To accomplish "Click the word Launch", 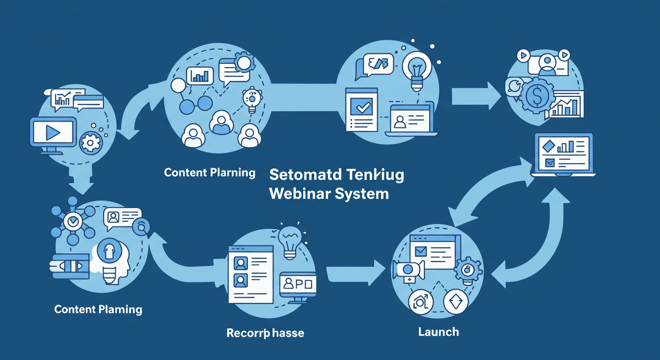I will (x=438, y=332).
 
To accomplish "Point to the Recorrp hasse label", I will (x=265, y=333).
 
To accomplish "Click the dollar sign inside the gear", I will (x=534, y=97).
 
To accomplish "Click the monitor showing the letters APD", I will (x=298, y=284).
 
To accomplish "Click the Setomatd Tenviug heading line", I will (x=337, y=175).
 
